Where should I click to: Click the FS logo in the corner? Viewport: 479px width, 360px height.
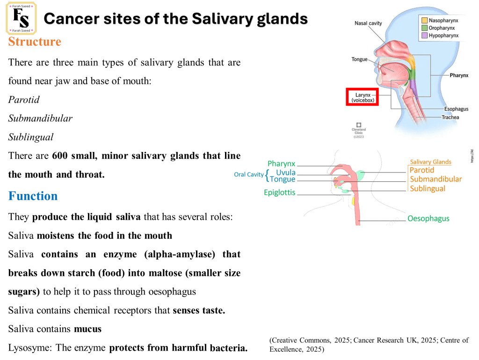(21, 18)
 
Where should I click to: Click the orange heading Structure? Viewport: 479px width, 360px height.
(35, 42)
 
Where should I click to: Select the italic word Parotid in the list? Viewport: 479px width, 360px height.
(24, 100)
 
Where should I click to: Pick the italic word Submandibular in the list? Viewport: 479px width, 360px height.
(40, 118)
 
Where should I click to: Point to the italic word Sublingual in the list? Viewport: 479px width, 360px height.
(31, 137)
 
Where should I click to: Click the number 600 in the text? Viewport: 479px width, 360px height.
(60, 156)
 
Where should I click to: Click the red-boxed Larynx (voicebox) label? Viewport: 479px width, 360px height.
(362, 97)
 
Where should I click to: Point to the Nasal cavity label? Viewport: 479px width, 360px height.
(368, 23)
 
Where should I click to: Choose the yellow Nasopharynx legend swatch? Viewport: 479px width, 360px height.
(424, 21)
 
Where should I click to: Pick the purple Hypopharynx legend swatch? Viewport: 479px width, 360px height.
(424, 36)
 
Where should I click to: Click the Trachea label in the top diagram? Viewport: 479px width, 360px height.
(450, 117)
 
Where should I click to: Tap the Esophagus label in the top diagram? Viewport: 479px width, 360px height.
(456, 109)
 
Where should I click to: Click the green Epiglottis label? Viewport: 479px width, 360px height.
(280, 193)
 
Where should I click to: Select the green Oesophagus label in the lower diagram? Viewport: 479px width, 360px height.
(428, 218)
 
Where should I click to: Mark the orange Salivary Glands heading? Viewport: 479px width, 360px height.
(430, 162)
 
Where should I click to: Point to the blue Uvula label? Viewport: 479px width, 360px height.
(285, 173)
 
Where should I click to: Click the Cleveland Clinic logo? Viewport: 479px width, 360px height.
(359, 128)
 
